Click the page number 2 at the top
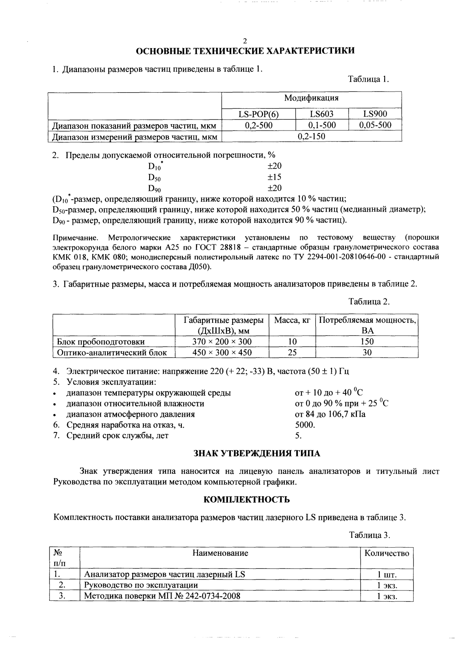point(245,41)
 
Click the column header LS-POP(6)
point(258,114)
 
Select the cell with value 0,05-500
point(375,125)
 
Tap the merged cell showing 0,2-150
point(312,136)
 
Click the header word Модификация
point(311,98)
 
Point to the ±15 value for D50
point(275,177)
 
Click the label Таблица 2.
point(369,302)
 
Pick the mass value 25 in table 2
point(292,352)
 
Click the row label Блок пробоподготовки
point(101,341)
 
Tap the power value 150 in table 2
point(367,341)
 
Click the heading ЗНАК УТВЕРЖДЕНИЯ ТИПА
point(257,453)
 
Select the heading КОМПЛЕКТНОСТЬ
point(247,500)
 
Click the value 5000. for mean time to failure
point(305,425)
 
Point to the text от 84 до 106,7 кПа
point(330,414)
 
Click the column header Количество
point(387,553)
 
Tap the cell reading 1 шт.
point(387,574)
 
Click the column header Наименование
point(220,553)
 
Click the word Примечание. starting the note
point(75,238)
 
